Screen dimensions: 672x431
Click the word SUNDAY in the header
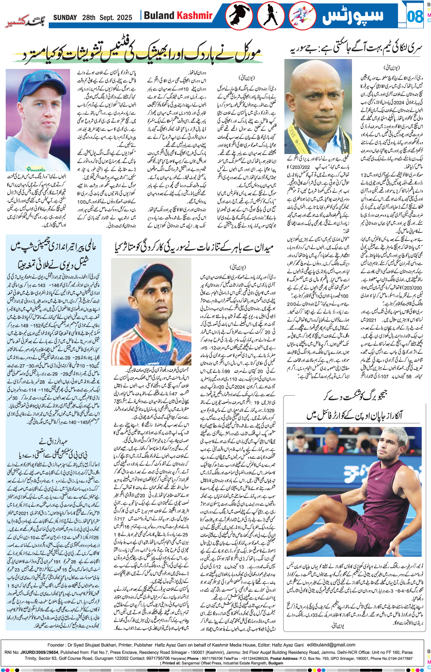(x=65, y=17)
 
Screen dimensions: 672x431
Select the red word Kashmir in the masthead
(x=194, y=15)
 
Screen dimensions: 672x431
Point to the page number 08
(x=415, y=16)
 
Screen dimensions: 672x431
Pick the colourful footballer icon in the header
(x=302, y=16)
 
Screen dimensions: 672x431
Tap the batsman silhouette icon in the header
(x=271, y=16)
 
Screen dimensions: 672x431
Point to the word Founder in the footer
(x=56, y=645)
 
